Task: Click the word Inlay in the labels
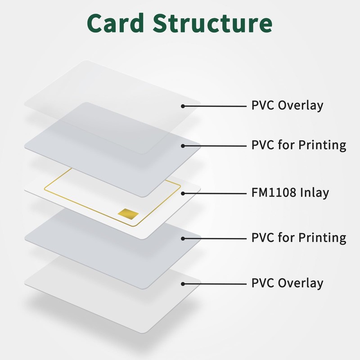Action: click(x=313, y=193)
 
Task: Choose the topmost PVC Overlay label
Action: click(x=287, y=106)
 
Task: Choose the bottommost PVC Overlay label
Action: click(x=287, y=283)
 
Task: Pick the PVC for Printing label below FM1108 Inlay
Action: click(x=298, y=238)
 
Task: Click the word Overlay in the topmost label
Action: click(x=301, y=106)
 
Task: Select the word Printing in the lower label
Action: click(x=323, y=238)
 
